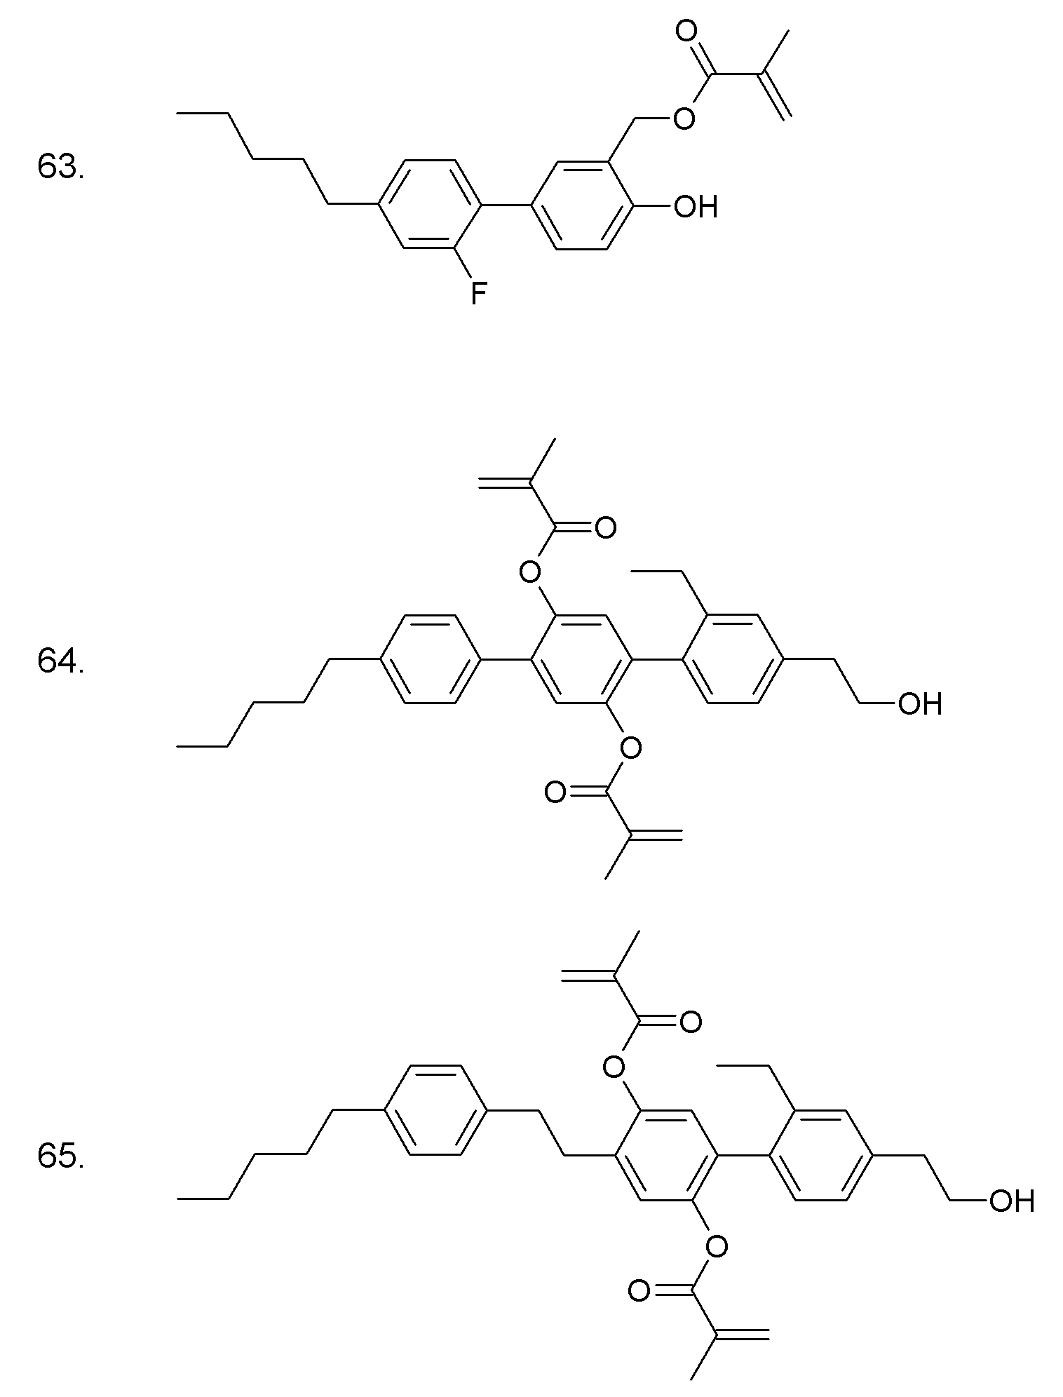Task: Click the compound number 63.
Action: (x=60, y=168)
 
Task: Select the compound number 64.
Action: (x=60, y=661)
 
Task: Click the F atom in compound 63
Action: (x=478, y=293)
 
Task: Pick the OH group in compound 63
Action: (x=696, y=206)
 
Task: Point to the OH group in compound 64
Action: (x=920, y=703)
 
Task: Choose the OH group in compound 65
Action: (x=1011, y=1201)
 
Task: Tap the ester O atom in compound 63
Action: (x=684, y=119)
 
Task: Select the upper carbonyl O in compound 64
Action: (x=604, y=527)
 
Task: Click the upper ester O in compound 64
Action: (x=531, y=572)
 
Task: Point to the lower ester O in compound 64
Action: (x=630, y=748)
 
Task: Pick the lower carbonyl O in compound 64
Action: (x=556, y=793)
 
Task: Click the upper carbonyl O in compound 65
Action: (x=690, y=1022)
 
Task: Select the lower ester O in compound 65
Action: (x=716, y=1246)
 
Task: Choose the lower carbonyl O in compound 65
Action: (x=639, y=1290)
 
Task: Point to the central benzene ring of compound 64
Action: (x=581, y=659)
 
